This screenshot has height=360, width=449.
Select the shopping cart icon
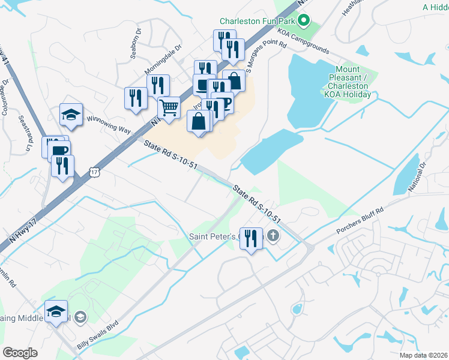(169, 108)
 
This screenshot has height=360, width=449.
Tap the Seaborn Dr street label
(136, 43)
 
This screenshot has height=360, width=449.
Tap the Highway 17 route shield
(94, 172)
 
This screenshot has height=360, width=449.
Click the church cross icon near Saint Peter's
(274, 235)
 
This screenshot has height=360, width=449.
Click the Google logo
(20, 353)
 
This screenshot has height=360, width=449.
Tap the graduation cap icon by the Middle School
(56, 311)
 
